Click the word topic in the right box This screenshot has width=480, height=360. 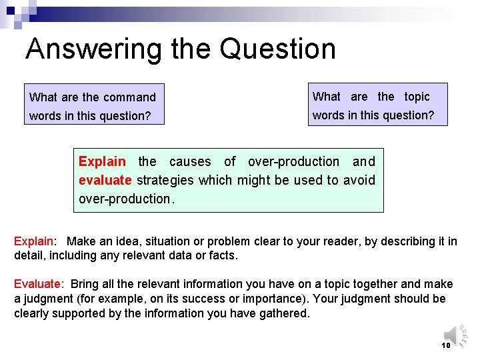coord(417,97)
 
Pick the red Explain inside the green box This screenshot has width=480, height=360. coord(102,161)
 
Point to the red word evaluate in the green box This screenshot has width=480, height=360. coord(105,180)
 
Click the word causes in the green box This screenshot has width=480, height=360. coord(190,161)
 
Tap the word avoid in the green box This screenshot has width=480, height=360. coord(359,180)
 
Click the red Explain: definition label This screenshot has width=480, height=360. coord(34,241)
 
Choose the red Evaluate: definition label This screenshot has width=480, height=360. coord(39,284)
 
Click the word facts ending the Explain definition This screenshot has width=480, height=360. coord(223,255)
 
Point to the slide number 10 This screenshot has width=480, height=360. coord(446,345)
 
